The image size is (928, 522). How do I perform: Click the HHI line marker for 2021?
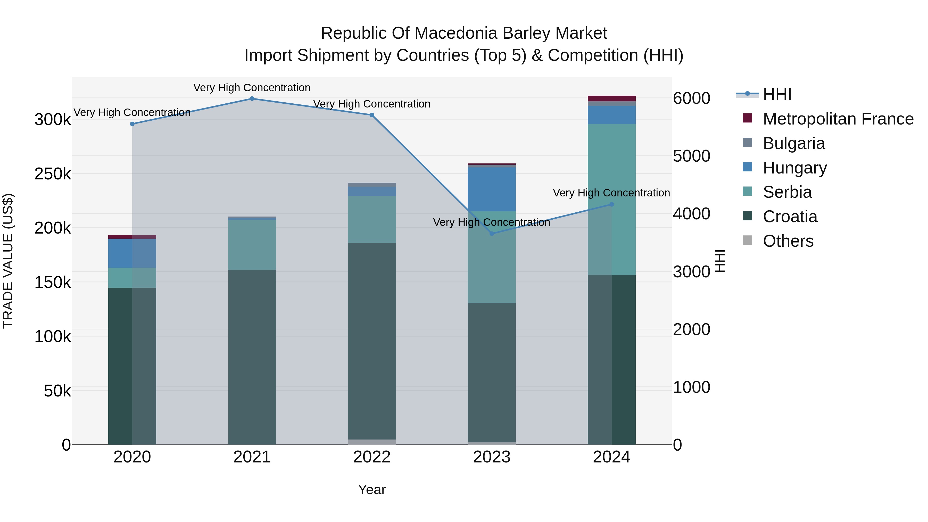(252, 99)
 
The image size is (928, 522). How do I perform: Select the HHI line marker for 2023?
(492, 234)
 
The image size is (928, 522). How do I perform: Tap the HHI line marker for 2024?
(611, 204)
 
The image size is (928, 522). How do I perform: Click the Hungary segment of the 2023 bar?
(492, 189)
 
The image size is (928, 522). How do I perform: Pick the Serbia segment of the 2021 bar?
(252, 245)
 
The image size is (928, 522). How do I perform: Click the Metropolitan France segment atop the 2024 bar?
(611, 99)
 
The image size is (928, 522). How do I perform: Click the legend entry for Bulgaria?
(794, 143)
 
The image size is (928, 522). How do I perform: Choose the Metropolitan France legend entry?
(838, 119)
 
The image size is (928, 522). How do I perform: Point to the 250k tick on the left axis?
(53, 174)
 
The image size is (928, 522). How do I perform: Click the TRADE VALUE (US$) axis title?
(8, 261)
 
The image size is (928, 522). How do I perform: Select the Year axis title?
(372, 490)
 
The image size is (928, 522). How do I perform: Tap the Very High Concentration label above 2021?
(252, 88)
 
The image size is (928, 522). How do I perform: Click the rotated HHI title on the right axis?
(719, 261)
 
